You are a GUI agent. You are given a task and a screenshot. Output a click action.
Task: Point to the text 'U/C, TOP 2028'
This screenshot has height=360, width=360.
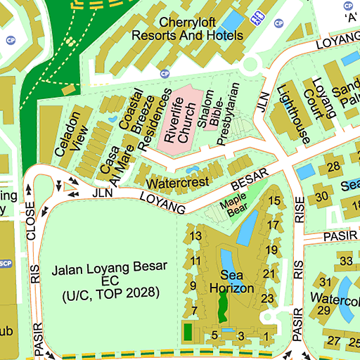point(110,292)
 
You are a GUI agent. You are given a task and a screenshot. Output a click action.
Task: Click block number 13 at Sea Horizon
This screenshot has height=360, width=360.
point(196,236)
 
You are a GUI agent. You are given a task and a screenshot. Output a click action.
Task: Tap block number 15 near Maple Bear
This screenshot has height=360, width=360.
point(274,201)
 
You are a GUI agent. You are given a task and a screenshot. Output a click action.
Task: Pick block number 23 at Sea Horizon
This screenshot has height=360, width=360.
point(267,298)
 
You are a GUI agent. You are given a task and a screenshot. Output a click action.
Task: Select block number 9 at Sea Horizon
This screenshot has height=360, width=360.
point(193,285)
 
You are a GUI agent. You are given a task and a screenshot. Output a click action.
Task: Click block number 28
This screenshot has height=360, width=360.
point(333,167)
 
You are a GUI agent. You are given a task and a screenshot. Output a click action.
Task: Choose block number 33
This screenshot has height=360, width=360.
point(345,262)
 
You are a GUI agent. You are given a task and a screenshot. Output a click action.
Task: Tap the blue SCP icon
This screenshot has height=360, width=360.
point(6,264)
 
